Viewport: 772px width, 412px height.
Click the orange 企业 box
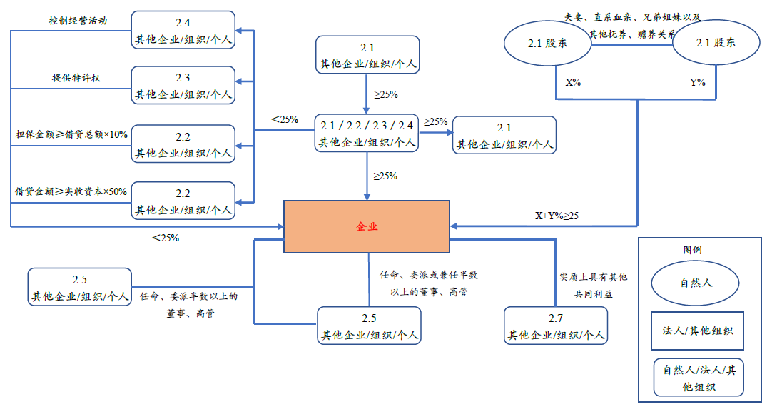(x=367, y=226)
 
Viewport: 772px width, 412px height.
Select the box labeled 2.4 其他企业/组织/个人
(x=183, y=30)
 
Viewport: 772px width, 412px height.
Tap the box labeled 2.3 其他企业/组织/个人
(x=183, y=86)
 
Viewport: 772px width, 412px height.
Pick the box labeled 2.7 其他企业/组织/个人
(x=556, y=326)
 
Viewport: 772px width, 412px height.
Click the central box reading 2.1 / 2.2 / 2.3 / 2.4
(x=367, y=134)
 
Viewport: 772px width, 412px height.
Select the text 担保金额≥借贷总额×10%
(x=71, y=134)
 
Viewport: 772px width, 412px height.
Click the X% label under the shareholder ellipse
(x=573, y=83)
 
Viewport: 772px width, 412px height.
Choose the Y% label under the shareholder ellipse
(x=697, y=83)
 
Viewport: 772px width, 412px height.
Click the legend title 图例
(x=692, y=251)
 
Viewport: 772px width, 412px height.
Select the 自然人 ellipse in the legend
(x=696, y=283)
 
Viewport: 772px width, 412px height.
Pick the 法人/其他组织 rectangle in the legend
(x=697, y=331)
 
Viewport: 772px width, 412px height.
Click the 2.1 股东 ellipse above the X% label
(x=547, y=44)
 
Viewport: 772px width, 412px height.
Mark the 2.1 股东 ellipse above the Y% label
(x=716, y=44)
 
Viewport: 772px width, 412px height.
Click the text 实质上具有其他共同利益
(x=593, y=284)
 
